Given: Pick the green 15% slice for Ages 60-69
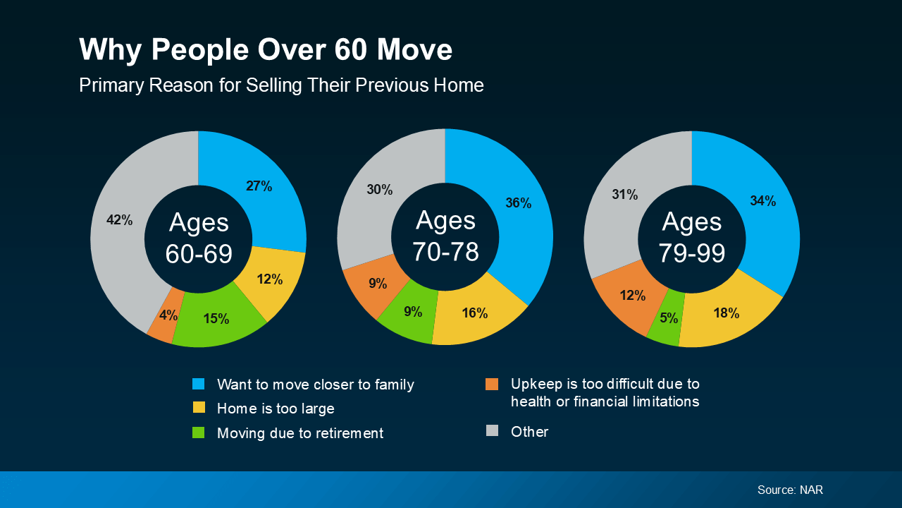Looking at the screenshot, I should coord(215,317).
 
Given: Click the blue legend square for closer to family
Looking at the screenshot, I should coord(199,384).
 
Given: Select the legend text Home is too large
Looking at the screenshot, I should coord(276,409).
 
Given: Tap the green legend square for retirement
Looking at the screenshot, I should coord(199,433).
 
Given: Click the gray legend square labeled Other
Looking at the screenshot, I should coord(492,430).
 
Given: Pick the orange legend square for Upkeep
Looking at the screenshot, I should coord(492,384).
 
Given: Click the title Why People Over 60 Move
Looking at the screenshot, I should coord(266,50).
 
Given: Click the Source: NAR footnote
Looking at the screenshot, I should coord(790,490).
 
